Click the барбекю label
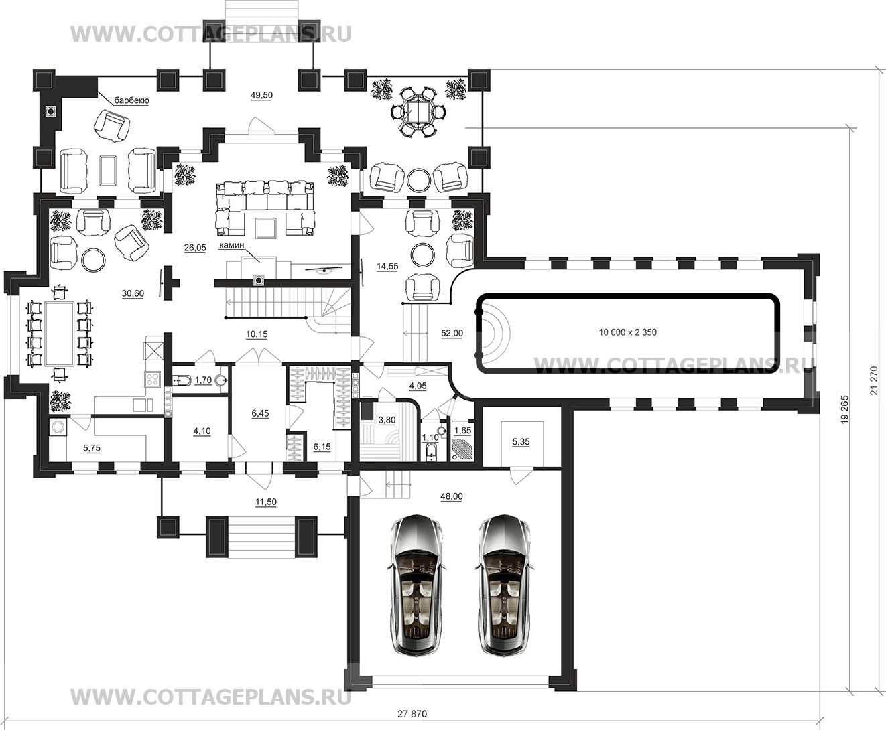point(131,101)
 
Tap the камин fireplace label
point(232,245)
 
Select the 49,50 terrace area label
point(261,96)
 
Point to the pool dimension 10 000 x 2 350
point(627,332)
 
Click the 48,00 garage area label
point(452,496)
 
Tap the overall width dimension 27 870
point(412,714)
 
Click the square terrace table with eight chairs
point(418,113)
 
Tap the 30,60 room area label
point(133,293)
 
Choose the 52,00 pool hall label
point(452,334)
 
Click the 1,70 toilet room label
point(203,380)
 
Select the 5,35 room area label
point(521,441)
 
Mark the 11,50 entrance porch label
point(265,502)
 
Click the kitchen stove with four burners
point(152,379)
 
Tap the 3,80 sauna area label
point(387,420)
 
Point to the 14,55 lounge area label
point(387,266)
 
